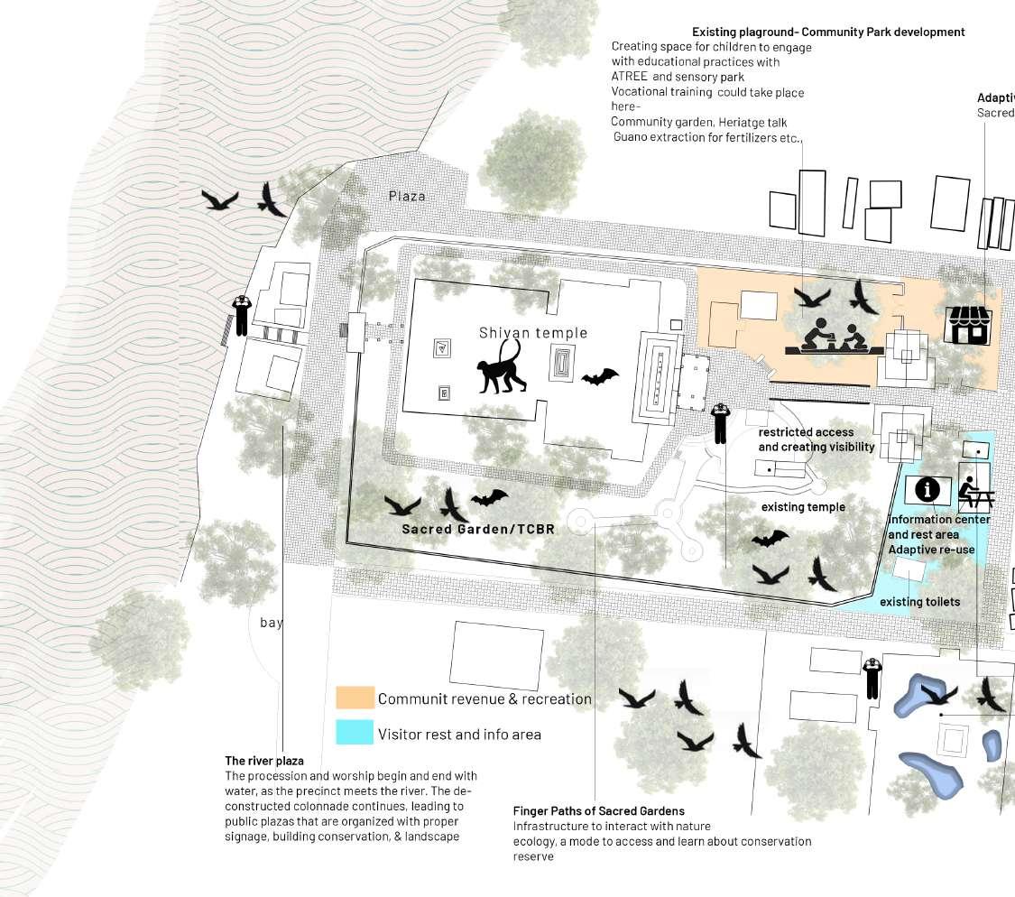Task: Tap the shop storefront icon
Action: (968, 325)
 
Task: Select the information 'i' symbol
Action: (927, 490)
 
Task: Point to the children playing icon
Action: (834, 335)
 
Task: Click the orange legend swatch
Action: (355, 698)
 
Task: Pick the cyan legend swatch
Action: (355, 733)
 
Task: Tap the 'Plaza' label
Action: (407, 196)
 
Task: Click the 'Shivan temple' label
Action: (533, 333)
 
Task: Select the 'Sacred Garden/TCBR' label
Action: (478, 529)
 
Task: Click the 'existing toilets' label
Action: (920, 602)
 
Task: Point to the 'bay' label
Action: (271, 623)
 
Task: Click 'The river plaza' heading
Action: (264, 761)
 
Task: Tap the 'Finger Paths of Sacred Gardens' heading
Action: (598, 811)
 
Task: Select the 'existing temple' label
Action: (803, 507)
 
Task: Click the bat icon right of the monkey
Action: (600, 377)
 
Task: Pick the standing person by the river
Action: (241, 316)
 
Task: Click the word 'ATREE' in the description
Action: (629, 77)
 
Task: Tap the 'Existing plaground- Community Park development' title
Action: (828, 32)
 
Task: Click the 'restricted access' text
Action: (806, 432)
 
